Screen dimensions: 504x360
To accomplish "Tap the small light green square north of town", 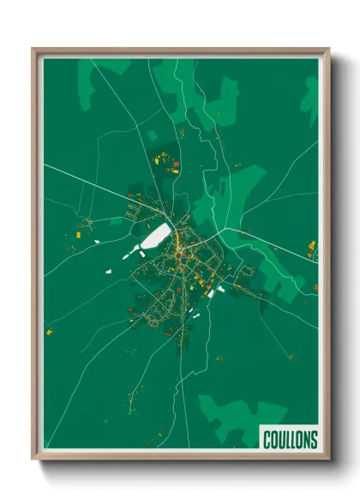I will pos(152,135).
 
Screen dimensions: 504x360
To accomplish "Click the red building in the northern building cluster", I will pos(176,163).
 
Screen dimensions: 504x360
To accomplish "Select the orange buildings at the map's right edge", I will pos(313,249).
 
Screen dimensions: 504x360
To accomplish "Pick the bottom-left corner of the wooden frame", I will pos(34,457).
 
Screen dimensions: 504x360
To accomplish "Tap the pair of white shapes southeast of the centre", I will pos(214,291).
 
